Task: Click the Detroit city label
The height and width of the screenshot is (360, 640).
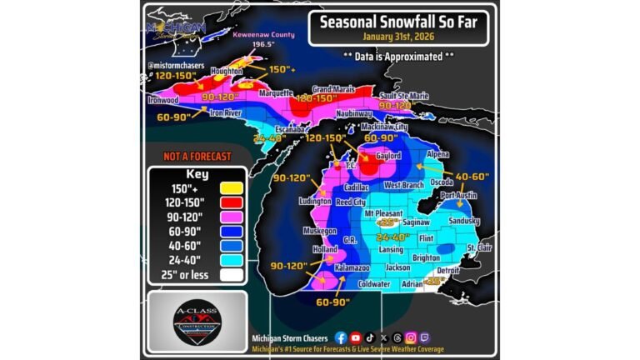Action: click(448, 271)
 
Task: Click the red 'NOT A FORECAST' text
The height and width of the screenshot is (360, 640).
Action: click(185, 156)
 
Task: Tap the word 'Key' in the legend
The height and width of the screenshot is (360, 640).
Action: click(197, 175)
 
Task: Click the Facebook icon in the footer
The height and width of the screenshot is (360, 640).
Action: click(340, 337)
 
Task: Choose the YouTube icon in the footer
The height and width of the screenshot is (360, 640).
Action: click(356, 337)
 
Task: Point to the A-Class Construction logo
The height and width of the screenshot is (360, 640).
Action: click(197, 322)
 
